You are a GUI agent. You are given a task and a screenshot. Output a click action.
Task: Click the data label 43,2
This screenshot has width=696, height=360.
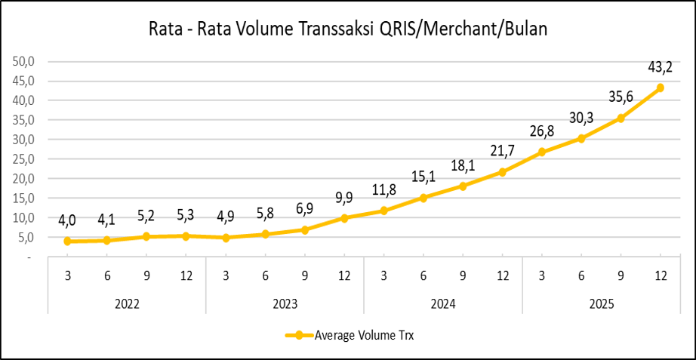click(661, 68)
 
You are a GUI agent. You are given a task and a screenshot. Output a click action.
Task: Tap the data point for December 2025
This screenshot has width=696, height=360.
click(661, 88)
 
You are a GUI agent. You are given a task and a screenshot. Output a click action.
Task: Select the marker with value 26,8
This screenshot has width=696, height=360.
click(542, 152)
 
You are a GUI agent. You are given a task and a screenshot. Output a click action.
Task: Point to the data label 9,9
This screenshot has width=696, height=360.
click(344, 198)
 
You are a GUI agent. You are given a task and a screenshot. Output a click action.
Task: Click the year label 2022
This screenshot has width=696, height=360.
click(127, 305)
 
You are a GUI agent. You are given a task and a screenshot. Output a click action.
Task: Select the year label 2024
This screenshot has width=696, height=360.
click(443, 305)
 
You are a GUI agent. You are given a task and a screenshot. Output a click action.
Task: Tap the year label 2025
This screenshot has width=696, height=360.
click(601, 305)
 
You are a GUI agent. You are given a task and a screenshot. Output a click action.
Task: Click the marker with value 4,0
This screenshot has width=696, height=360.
click(68, 242)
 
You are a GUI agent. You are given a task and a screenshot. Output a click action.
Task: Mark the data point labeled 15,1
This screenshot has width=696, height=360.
click(423, 198)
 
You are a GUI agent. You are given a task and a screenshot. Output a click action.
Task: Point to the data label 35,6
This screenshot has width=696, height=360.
click(621, 97)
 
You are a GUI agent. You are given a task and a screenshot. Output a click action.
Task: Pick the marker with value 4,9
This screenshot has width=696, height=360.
click(226, 238)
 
